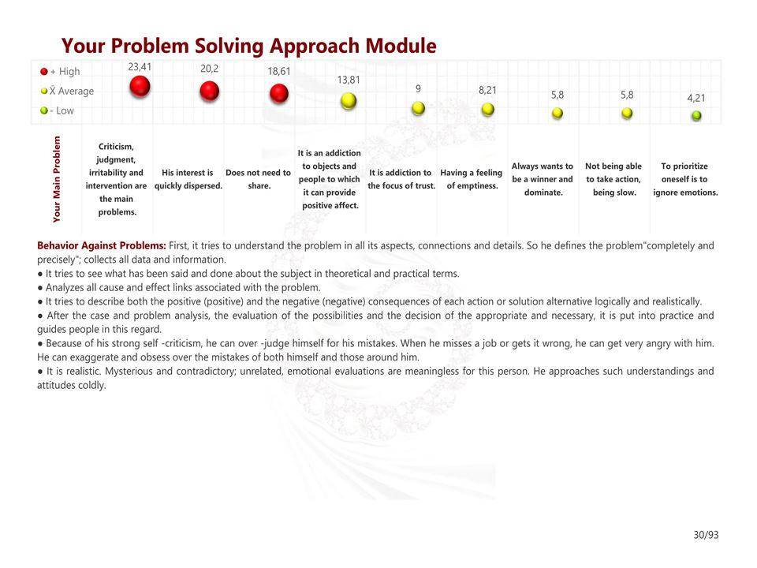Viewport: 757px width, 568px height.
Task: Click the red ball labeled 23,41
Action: [140, 87]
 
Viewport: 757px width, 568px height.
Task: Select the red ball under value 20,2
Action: [209, 91]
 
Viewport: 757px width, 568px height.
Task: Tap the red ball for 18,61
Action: [279, 93]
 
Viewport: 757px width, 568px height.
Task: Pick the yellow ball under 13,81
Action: [349, 100]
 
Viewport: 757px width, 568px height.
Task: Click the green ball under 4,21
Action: [696, 115]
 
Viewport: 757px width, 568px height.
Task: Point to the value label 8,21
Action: [487, 90]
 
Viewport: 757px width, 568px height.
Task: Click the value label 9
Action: [418, 88]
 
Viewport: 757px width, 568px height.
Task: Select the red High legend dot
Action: [44, 72]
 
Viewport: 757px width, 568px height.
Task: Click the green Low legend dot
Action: [44, 110]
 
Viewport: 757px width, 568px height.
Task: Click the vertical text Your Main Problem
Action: [57, 179]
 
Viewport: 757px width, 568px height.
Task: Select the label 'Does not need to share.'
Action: [259, 179]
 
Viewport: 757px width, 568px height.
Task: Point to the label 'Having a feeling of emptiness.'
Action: [472, 179]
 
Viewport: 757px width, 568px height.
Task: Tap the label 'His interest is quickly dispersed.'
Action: [188, 179]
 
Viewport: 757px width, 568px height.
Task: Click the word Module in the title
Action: [401, 46]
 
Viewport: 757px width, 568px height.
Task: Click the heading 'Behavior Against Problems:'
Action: [102, 245]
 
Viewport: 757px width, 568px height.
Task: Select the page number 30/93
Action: [706, 535]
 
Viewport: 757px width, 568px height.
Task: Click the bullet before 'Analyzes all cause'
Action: [40, 288]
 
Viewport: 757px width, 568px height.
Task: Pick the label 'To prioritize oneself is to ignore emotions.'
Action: [685, 179]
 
